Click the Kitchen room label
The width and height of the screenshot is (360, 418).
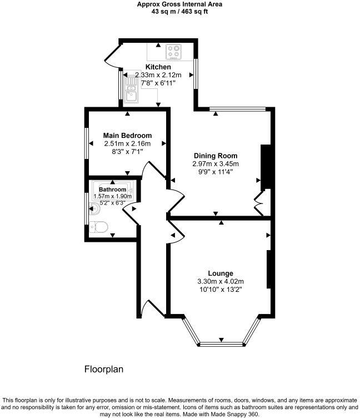[158, 67]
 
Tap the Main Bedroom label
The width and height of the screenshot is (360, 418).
[127, 135]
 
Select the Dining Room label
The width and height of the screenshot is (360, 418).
[216, 156]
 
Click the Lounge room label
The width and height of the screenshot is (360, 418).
[221, 273]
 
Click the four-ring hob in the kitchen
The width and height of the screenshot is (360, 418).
[174, 52]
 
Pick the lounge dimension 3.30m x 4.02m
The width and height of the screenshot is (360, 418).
[221, 281]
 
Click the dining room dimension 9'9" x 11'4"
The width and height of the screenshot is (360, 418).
[216, 172]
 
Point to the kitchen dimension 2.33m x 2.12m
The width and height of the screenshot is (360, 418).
[159, 75]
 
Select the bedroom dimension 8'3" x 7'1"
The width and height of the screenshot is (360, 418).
[127, 151]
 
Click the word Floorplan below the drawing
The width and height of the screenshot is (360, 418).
[103, 369]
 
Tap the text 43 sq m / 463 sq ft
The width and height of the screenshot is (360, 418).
[180, 12]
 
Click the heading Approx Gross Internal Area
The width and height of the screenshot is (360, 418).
[180, 4]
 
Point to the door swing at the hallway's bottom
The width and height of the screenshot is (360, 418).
[151, 308]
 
